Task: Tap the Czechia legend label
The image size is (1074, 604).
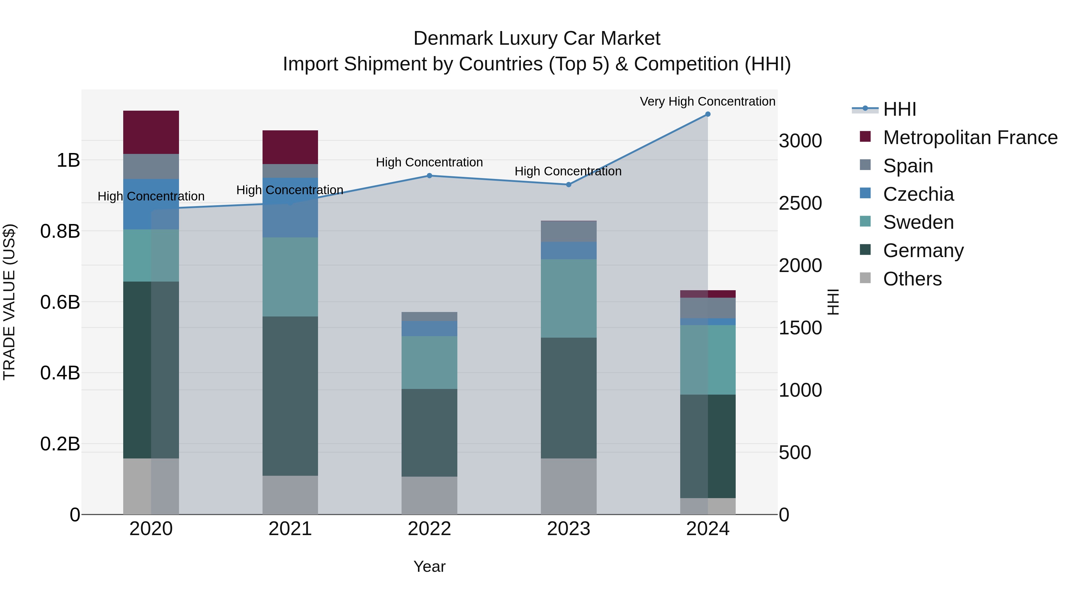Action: point(918,194)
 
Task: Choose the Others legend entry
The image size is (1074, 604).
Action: point(912,279)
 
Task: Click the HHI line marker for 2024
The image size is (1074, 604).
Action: point(708,114)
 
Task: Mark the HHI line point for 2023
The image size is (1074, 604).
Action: point(569,184)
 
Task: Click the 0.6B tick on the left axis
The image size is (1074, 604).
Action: point(60,302)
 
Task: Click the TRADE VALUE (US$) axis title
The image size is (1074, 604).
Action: point(9,302)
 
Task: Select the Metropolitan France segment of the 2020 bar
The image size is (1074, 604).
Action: point(151,132)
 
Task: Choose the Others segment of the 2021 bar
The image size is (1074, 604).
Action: point(290,495)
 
